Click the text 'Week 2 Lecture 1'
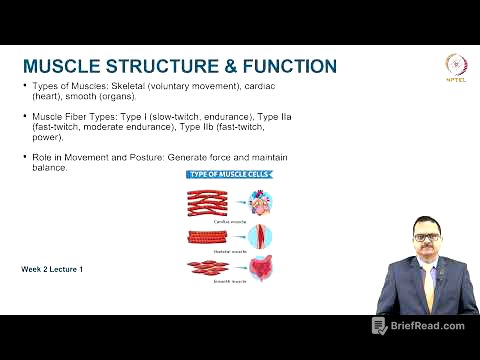[52, 270]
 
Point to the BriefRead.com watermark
[420, 326]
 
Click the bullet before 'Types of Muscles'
[24, 88]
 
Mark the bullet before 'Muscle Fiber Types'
[24, 117]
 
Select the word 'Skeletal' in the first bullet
[122, 88]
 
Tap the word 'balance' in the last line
[48, 168]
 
